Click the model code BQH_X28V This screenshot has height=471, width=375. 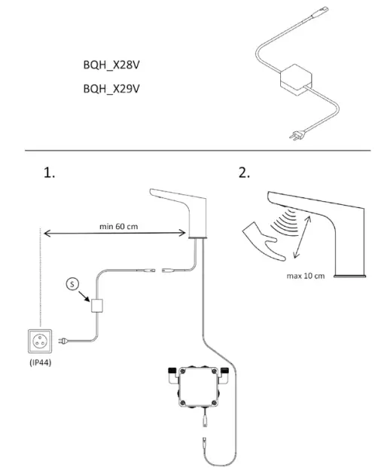111,65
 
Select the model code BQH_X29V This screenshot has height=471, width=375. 111,88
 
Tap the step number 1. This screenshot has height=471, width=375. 47,173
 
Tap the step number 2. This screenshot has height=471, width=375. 244,173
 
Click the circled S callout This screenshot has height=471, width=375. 71,284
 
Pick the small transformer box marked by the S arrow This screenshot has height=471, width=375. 97,307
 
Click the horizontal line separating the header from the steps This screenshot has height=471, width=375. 187,150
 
